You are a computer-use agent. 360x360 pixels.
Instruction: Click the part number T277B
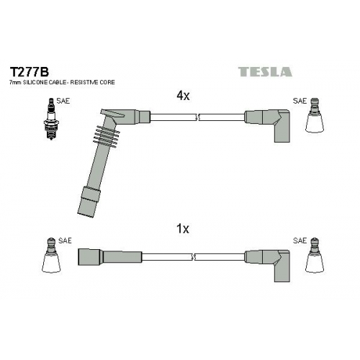coord(29,71)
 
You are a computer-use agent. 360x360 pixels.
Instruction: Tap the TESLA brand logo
coord(265,72)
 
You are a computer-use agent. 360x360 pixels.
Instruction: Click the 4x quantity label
coord(183,96)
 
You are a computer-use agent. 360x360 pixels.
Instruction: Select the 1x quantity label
coord(183,229)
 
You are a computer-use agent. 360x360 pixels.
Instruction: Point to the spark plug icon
coord(51,119)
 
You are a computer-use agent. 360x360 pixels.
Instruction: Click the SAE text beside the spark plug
coord(63,101)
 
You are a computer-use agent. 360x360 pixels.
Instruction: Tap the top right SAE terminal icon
coord(315,115)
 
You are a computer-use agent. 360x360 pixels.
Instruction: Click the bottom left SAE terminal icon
coord(50,256)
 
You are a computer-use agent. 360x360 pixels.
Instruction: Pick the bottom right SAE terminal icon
coord(315,256)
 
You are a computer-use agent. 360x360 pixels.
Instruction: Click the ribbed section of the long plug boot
coord(107,136)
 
